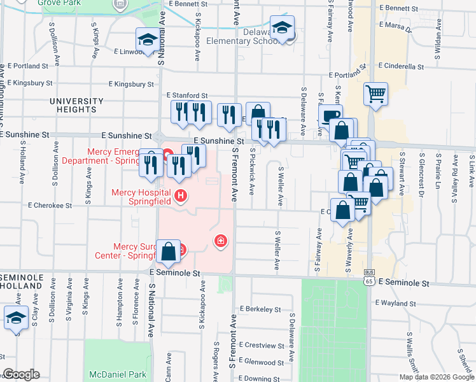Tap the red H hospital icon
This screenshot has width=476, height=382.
click(x=181, y=195)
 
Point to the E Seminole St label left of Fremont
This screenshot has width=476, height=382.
click(x=175, y=272)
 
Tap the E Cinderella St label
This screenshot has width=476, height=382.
click(x=400, y=66)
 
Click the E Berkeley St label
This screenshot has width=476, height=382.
click(x=262, y=309)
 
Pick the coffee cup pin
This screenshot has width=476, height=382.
click(x=330, y=116)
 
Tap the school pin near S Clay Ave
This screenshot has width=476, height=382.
click(x=16, y=318)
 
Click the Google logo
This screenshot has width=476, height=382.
click(x=21, y=374)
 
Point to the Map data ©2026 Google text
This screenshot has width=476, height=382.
click(x=437, y=377)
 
